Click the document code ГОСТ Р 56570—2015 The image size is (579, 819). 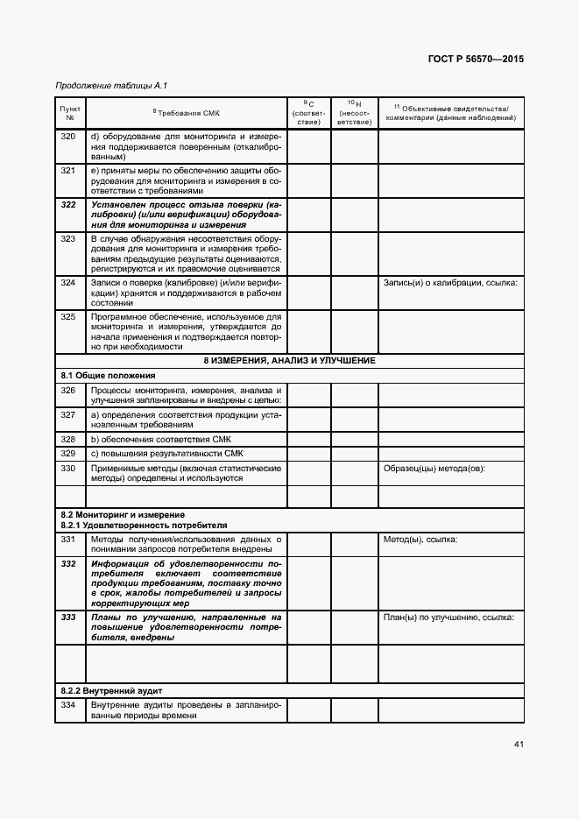point(477,60)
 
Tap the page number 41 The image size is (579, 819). point(519,745)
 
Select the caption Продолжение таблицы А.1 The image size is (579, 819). point(110,85)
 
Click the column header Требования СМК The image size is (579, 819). point(187,113)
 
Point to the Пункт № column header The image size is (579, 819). point(70,113)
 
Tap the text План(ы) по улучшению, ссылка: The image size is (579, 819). point(448,617)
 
